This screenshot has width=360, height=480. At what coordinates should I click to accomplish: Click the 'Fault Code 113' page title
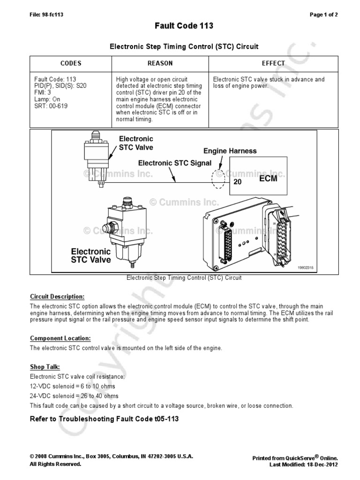[184, 26]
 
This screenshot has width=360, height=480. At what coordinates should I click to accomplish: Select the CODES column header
[71, 63]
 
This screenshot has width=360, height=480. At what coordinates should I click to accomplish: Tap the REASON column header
[160, 63]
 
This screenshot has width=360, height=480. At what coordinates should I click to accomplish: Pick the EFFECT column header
[273, 63]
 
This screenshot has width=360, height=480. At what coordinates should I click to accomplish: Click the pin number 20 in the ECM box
[237, 182]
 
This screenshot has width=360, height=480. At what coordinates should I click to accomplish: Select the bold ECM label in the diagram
[268, 179]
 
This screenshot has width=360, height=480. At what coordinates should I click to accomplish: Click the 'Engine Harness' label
[230, 151]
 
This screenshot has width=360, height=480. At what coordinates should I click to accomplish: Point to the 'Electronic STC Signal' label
[174, 163]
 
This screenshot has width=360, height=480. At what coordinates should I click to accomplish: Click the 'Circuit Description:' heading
[57, 297]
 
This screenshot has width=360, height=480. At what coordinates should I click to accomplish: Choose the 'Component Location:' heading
[60, 338]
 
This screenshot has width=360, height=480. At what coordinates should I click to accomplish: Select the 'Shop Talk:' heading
[45, 367]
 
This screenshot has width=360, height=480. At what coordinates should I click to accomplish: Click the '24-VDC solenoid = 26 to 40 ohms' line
[73, 396]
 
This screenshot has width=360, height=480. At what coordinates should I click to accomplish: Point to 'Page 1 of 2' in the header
[323, 15]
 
